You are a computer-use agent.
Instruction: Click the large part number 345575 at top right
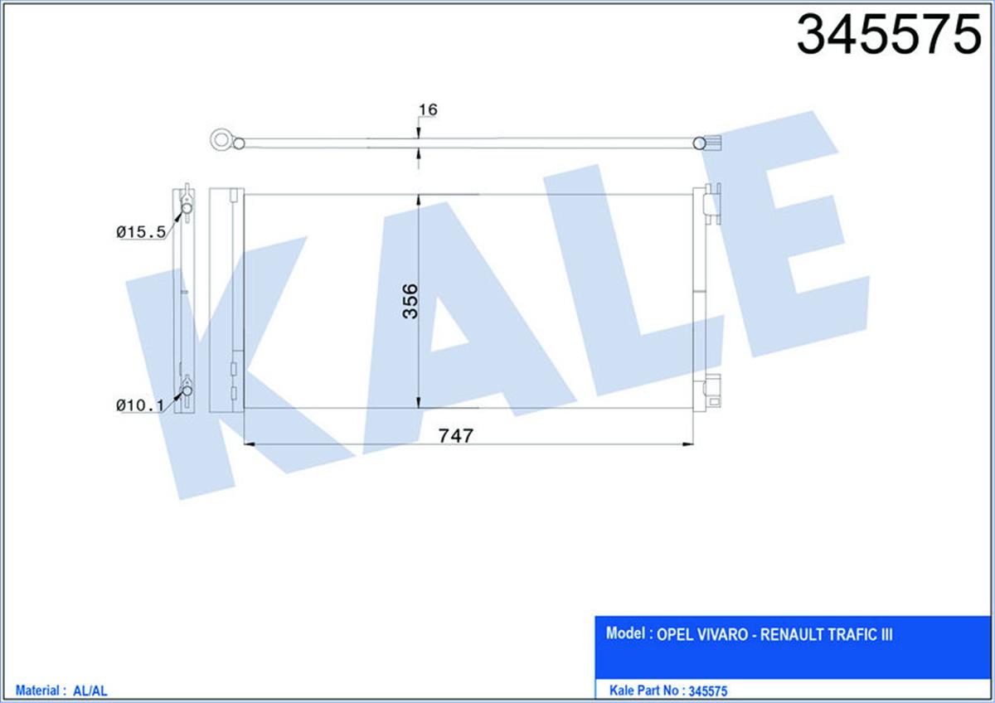pos(888,36)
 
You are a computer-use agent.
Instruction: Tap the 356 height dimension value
pos(409,300)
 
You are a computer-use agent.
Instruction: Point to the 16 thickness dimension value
pos(428,109)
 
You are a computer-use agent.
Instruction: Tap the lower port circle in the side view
pos(187,390)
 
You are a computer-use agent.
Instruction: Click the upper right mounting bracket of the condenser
pos(712,204)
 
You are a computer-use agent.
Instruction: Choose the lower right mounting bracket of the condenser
pos(712,390)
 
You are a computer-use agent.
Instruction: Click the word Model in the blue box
pos(626,634)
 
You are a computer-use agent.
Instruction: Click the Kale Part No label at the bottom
pos(645,690)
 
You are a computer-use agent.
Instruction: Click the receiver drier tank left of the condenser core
pos(226,298)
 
